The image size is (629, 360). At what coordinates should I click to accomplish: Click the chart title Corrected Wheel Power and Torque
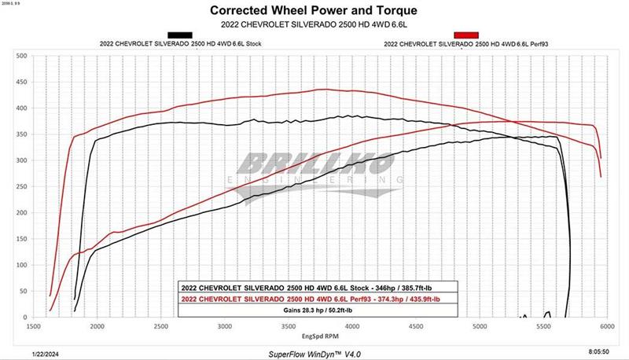pos(314,11)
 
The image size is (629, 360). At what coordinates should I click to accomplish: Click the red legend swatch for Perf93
pos(461,35)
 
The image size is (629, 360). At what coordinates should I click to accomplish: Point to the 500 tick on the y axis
pos(22,56)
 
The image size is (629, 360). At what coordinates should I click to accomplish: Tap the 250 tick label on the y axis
pos(22,187)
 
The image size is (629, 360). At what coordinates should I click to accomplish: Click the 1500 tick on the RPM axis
pos(34,325)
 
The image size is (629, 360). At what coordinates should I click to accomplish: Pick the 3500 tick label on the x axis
pos(289,325)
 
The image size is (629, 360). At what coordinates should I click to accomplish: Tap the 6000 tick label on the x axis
pos(605,325)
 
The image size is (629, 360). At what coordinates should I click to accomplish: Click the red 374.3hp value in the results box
pos(383,299)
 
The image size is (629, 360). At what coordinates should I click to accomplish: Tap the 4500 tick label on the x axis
pos(415,325)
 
